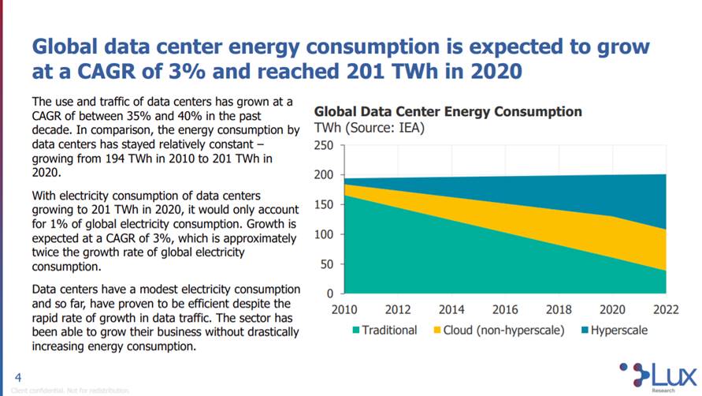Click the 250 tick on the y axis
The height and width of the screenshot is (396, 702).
tap(324, 145)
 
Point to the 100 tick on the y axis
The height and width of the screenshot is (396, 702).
tap(324, 234)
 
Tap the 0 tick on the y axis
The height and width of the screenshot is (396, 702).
tap(330, 293)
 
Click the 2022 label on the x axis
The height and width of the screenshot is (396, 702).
tap(666, 309)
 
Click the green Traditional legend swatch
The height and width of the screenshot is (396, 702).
tap(356, 330)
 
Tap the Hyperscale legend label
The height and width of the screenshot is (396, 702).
tap(618, 330)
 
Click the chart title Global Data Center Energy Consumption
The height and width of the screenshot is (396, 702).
tap(448, 111)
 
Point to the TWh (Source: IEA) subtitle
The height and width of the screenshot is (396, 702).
tap(370, 128)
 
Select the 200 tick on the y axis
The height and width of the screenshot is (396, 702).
tap(324, 175)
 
